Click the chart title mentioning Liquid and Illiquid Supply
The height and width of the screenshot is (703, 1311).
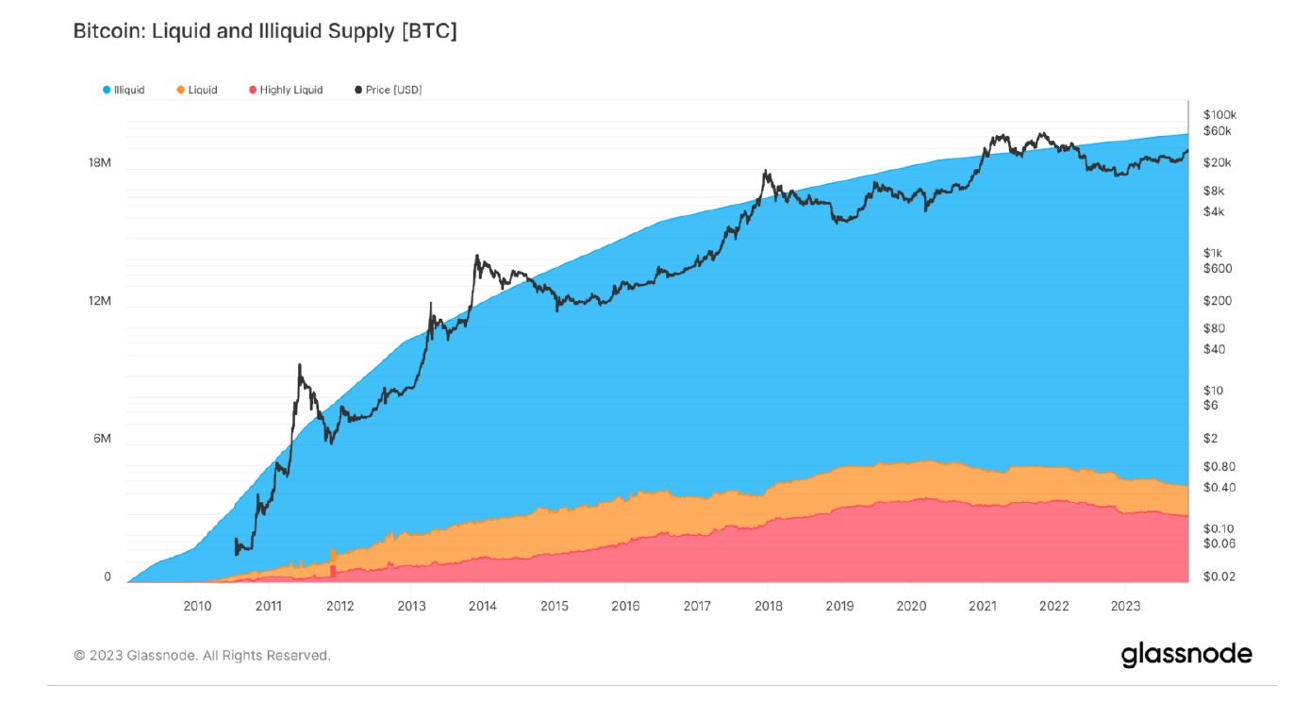[265, 32]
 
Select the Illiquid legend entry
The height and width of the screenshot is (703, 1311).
[128, 90]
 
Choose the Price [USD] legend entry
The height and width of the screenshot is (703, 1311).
[393, 90]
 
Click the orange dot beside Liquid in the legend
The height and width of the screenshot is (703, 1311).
[180, 90]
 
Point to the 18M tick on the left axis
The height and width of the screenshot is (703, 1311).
[99, 163]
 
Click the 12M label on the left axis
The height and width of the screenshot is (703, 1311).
[99, 302]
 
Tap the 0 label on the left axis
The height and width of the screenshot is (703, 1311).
[108, 577]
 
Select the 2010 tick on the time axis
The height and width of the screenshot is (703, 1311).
[197, 605]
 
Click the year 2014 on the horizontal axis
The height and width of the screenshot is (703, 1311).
[483, 605]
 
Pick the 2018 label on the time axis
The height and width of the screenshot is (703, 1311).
[769, 605]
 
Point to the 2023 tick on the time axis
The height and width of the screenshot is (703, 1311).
[1125, 605]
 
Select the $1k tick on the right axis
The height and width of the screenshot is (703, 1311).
[1213, 253]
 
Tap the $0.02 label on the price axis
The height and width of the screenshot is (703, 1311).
[1219, 577]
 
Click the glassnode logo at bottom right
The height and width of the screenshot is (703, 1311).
[1187, 654]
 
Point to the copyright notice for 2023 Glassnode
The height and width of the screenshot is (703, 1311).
[202, 655]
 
